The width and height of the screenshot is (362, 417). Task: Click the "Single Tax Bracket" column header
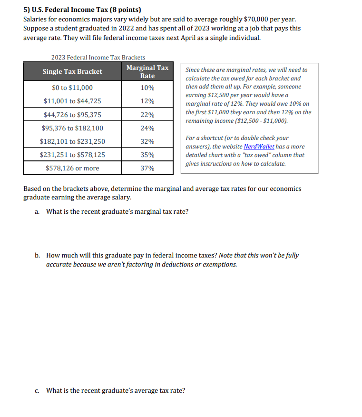pos(72,71)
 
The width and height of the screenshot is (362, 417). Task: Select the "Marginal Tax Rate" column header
pos(147,71)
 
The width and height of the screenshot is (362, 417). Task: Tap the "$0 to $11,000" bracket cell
pos(72,88)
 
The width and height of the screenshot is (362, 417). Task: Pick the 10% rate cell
pos(147,88)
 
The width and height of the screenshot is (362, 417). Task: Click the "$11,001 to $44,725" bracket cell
pos(72,101)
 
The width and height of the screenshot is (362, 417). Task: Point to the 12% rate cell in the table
pos(147,101)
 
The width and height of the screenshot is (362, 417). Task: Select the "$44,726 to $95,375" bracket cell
pos(72,115)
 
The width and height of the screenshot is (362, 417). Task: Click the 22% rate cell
pos(147,115)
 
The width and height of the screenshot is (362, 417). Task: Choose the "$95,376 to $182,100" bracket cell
pos(72,128)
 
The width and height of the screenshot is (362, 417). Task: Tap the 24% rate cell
pos(147,128)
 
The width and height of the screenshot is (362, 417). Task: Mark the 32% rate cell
pos(147,141)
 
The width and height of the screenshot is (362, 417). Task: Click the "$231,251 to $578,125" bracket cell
pos(72,155)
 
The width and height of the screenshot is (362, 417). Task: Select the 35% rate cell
pos(147,155)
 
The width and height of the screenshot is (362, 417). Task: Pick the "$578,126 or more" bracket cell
pos(72,168)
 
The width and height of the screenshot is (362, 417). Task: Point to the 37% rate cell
pos(147,168)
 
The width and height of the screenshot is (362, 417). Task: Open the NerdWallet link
pos(259,147)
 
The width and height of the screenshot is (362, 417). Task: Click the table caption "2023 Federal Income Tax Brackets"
pos(98,57)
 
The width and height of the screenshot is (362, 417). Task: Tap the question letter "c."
pos(37,391)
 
